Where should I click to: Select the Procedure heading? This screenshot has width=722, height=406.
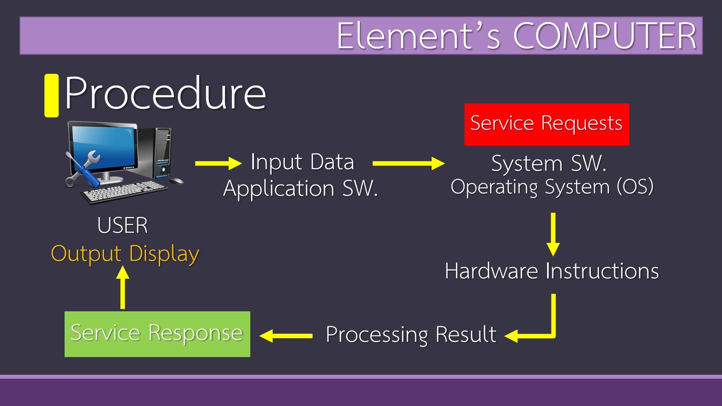(165, 93)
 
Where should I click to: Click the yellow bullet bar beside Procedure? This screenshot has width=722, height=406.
(51, 95)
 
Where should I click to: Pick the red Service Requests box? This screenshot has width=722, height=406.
(546, 124)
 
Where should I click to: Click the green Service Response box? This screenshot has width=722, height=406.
(157, 334)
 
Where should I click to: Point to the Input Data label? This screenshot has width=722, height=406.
(302, 162)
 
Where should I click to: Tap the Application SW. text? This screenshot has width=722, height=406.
(300, 188)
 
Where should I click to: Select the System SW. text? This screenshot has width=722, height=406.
(549, 164)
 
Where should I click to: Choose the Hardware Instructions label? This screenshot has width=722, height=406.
(552, 271)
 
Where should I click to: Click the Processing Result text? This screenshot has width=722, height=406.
(411, 335)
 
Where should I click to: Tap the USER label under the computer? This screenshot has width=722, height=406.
(122, 225)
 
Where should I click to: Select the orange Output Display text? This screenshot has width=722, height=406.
(125, 254)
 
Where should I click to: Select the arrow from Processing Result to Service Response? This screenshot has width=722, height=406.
(286, 336)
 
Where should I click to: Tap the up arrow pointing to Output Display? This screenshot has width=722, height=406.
(123, 287)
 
